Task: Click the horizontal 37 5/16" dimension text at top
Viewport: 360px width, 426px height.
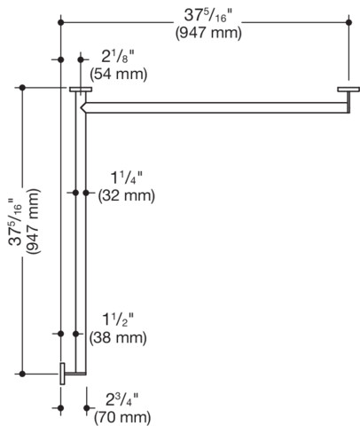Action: point(209,15)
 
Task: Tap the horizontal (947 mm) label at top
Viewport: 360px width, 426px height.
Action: point(208,33)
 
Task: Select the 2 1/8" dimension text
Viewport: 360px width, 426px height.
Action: point(118,56)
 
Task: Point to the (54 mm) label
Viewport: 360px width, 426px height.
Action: point(119,74)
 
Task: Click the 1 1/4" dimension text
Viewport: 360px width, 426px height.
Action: point(126,178)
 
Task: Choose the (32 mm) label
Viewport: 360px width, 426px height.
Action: point(127,196)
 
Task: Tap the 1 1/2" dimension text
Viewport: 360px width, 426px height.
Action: point(118,319)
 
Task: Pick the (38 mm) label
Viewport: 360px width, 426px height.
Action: point(118,337)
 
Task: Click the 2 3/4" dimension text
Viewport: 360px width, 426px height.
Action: point(122,400)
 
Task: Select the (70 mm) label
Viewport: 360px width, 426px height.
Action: point(122,418)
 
